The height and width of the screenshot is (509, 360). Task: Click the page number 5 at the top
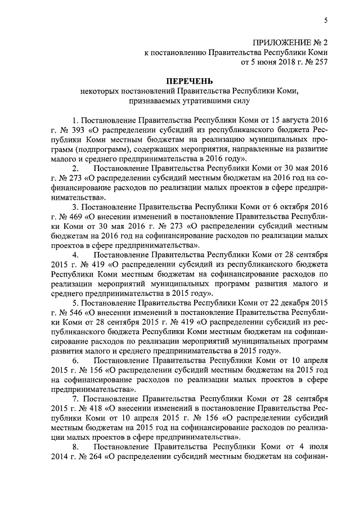tap(326, 20)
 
